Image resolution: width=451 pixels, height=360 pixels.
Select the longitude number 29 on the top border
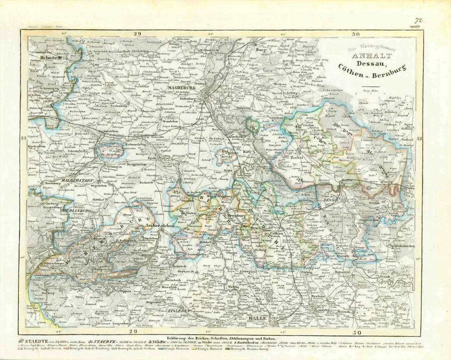coord(137,34)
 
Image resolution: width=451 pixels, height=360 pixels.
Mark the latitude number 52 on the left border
coord(23,138)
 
